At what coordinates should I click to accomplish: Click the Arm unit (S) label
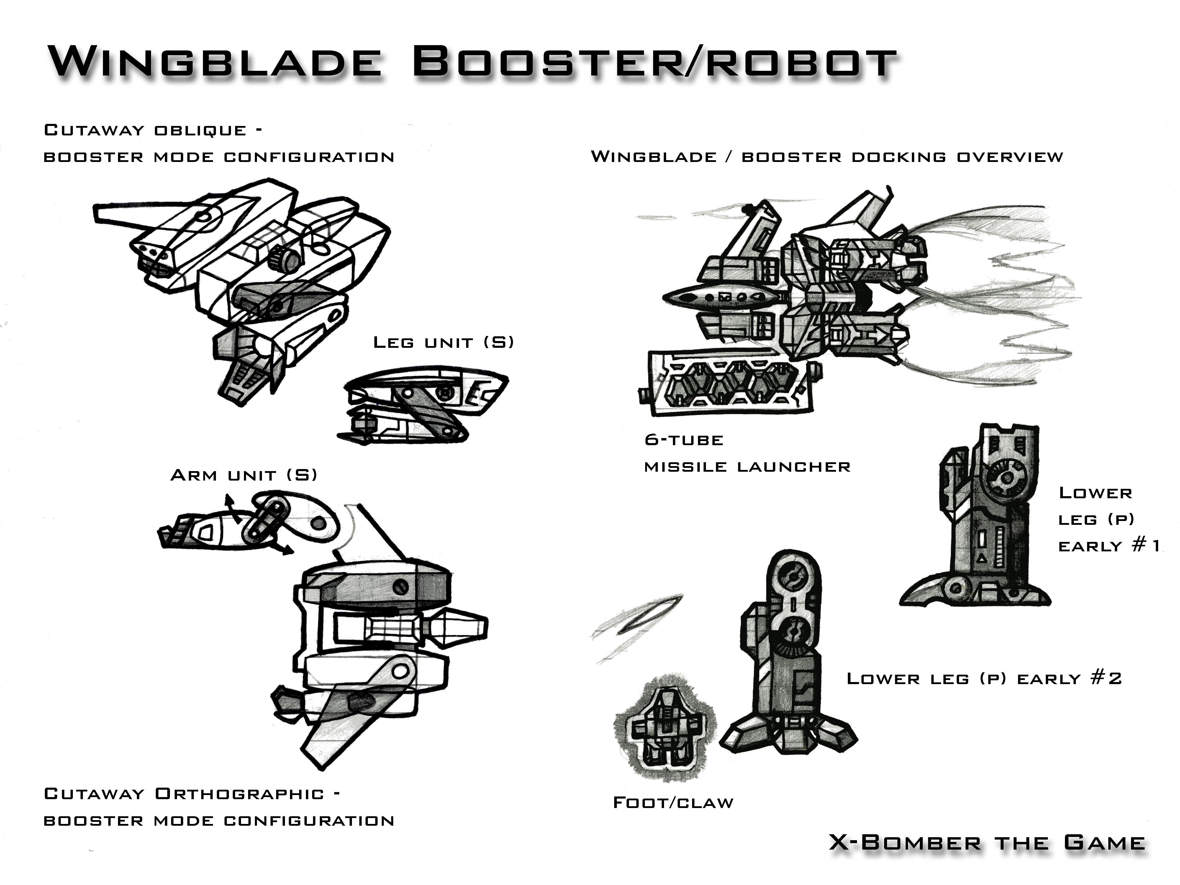pyautogui.click(x=243, y=475)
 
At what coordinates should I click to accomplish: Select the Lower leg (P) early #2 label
pyautogui.click(x=984, y=678)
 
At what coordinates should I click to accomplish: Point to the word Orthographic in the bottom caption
pyautogui.click(x=239, y=794)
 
